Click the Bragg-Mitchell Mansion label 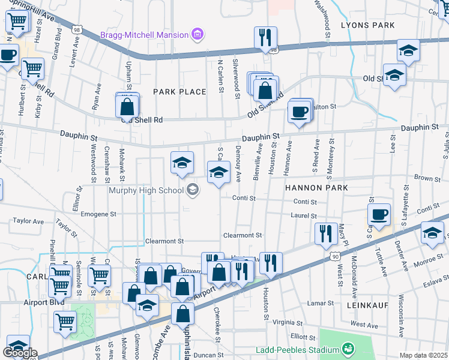[x=144, y=35]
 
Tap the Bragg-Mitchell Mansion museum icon [x=196, y=35]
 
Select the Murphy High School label [x=146, y=191]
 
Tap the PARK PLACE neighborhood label [x=179, y=92]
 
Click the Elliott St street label [x=303, y=337]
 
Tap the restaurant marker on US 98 [x=265, y=38]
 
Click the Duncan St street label [x=209, y=355]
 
